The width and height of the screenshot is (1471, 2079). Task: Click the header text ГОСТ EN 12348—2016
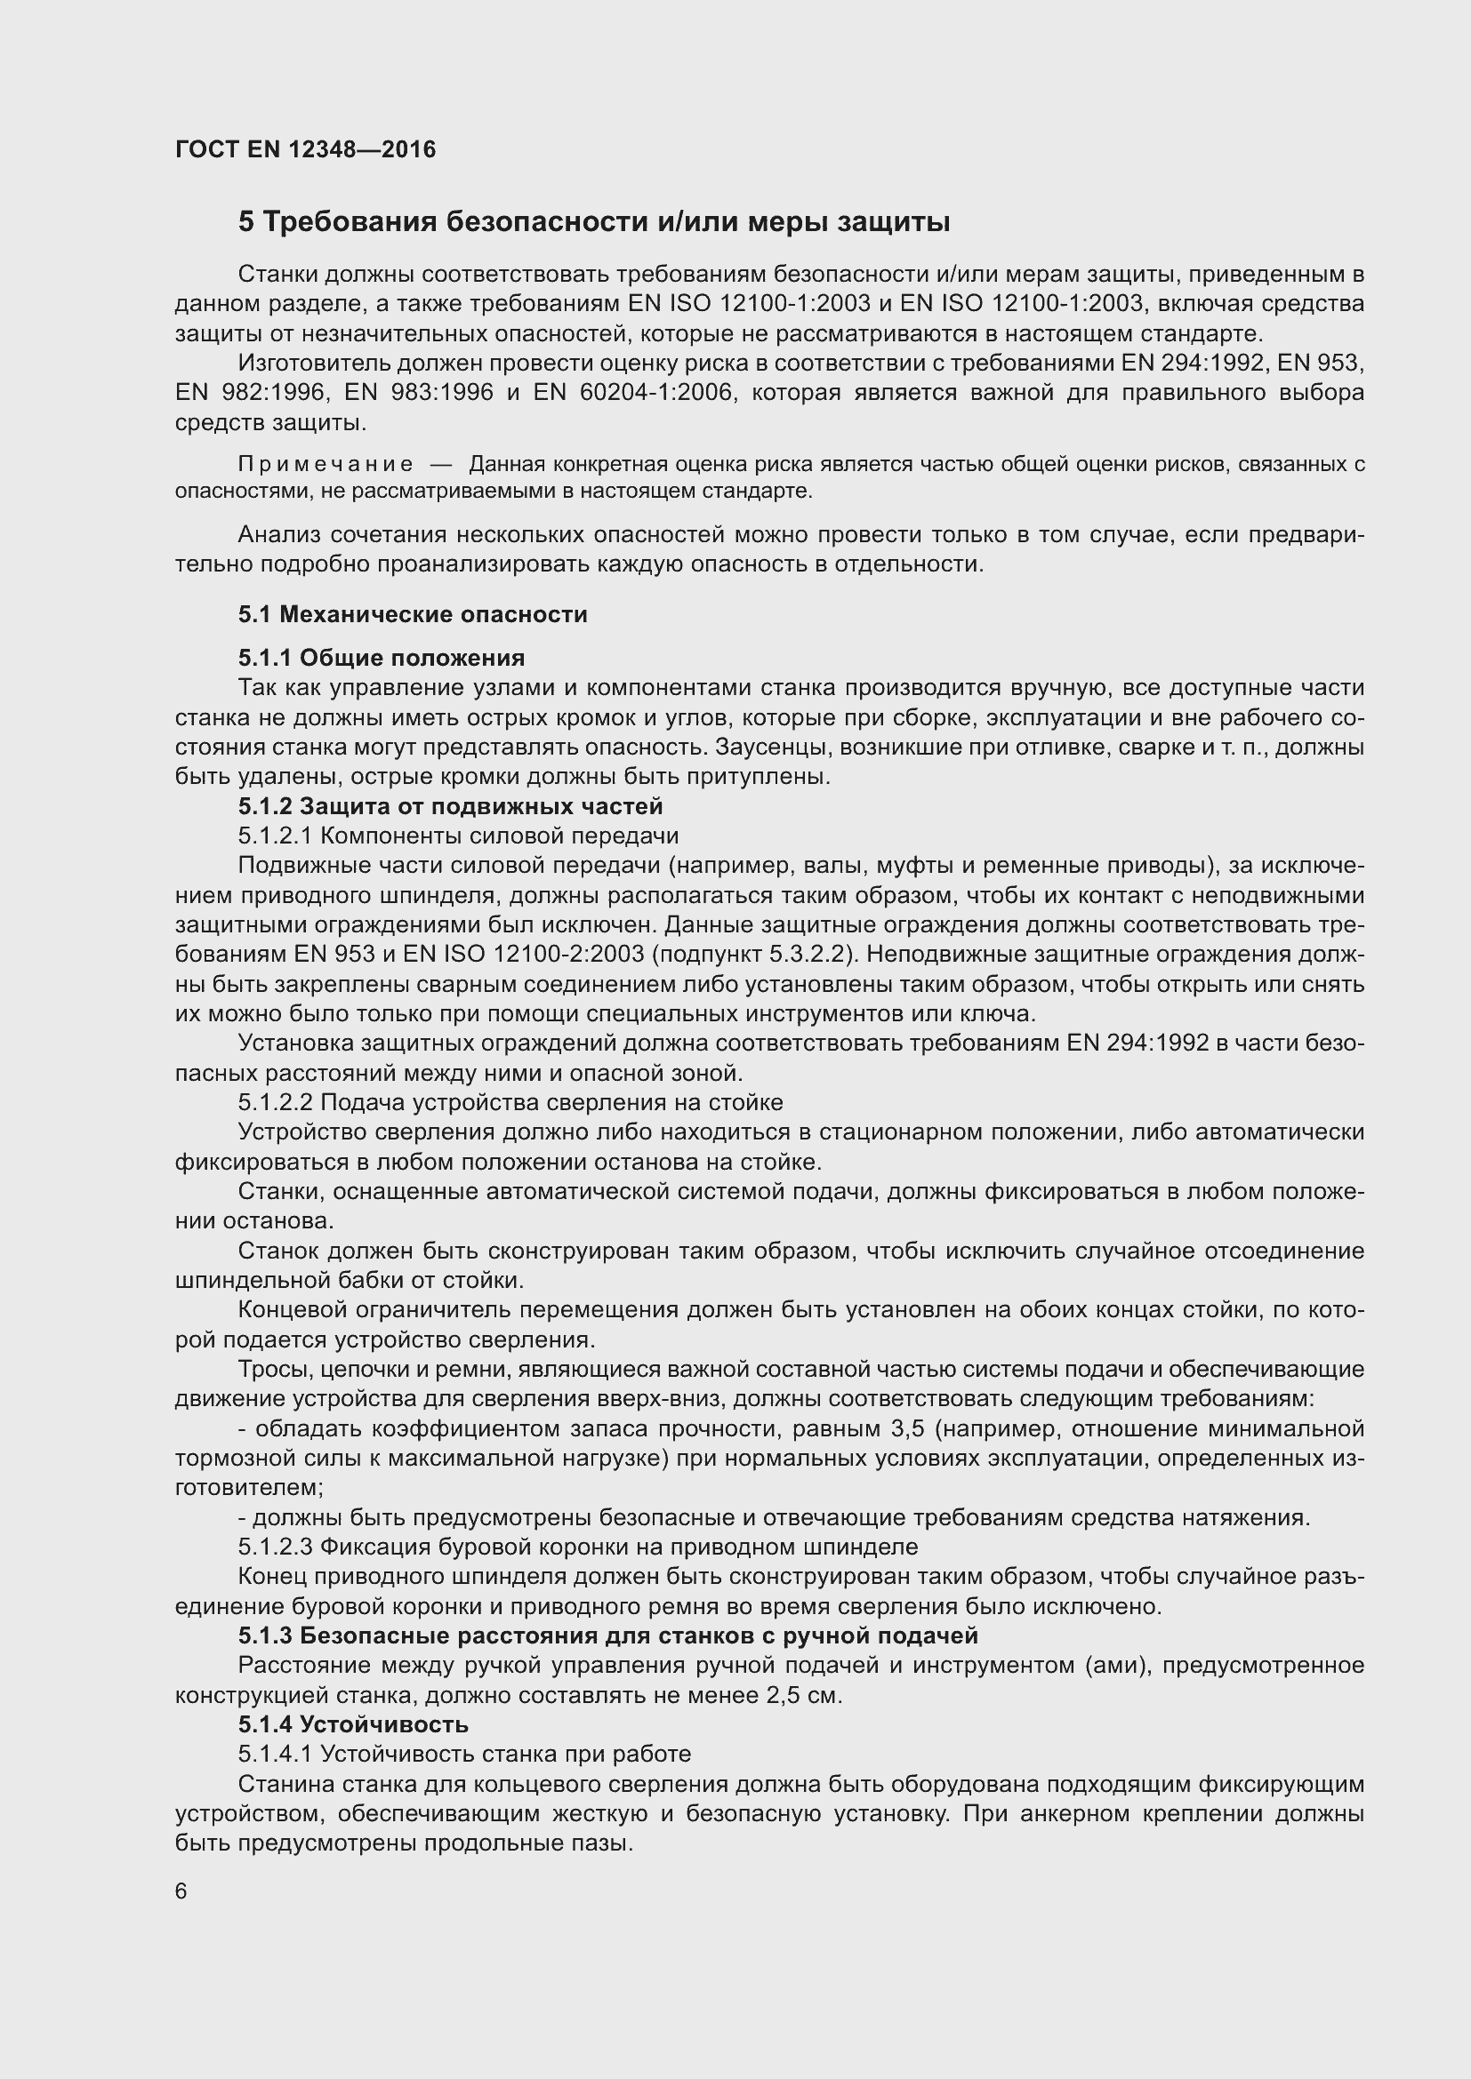(305, 149)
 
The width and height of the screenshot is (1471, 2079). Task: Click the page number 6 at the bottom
(181, 1891)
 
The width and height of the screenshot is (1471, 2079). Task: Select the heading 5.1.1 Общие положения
(382, 658)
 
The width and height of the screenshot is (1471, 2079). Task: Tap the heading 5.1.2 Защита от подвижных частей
(450, 806)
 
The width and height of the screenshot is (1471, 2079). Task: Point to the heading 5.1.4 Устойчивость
(353, 1724)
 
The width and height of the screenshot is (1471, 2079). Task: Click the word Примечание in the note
(326, 465)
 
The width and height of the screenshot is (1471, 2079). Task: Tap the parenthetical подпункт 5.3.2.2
(748, 956)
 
